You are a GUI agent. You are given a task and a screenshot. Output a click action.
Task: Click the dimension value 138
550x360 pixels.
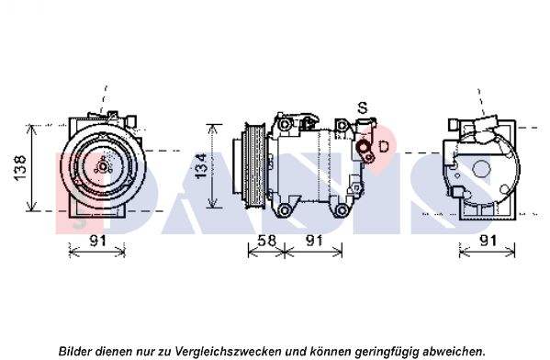(x=20, y=168)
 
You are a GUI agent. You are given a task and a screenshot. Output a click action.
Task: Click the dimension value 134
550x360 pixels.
(x=201, y=165)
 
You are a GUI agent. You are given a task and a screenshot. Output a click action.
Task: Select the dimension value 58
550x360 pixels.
(x=266, y=241)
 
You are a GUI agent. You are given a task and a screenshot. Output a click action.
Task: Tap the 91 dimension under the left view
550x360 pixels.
(x=98, y=241)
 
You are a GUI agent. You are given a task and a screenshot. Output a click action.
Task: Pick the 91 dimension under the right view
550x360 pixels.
(x=488, y=241)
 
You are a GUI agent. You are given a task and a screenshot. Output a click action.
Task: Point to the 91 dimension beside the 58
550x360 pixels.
(x=314, y=241)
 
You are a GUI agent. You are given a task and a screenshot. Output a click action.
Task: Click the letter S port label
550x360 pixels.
(x=363, y=107)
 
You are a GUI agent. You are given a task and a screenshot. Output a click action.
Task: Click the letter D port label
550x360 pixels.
(x=384, y=146)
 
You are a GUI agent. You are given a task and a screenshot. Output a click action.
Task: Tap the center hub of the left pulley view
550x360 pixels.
(x=103, y=166)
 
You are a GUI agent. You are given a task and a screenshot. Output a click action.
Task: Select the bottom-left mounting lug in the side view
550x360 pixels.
(x=285, y=210)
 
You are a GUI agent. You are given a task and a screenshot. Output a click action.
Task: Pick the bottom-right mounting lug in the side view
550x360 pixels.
(x=342, y=210)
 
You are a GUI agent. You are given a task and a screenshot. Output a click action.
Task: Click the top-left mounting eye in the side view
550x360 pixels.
(x=285, y=124)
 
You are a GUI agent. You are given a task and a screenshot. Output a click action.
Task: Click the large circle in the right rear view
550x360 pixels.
(x=481, y=169)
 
